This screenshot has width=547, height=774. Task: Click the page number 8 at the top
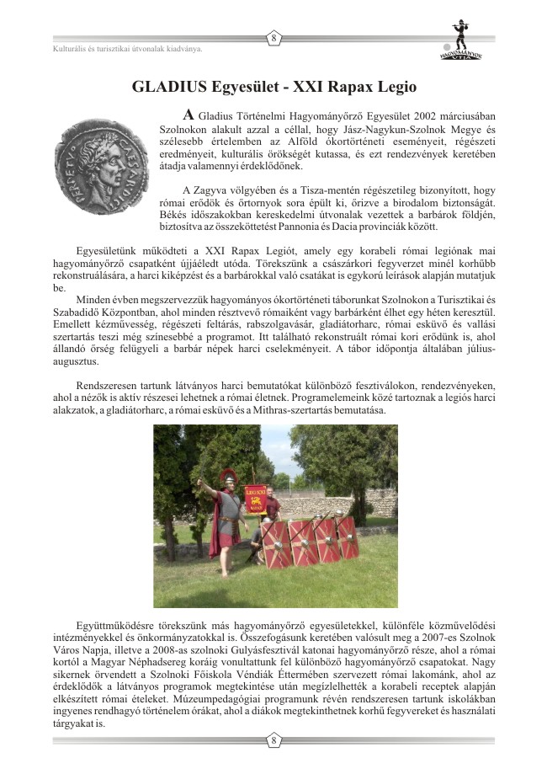tap(273, 39)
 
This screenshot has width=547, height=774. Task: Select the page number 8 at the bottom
tap(273, 740)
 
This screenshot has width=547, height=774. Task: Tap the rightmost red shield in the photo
tap(346, 537)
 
